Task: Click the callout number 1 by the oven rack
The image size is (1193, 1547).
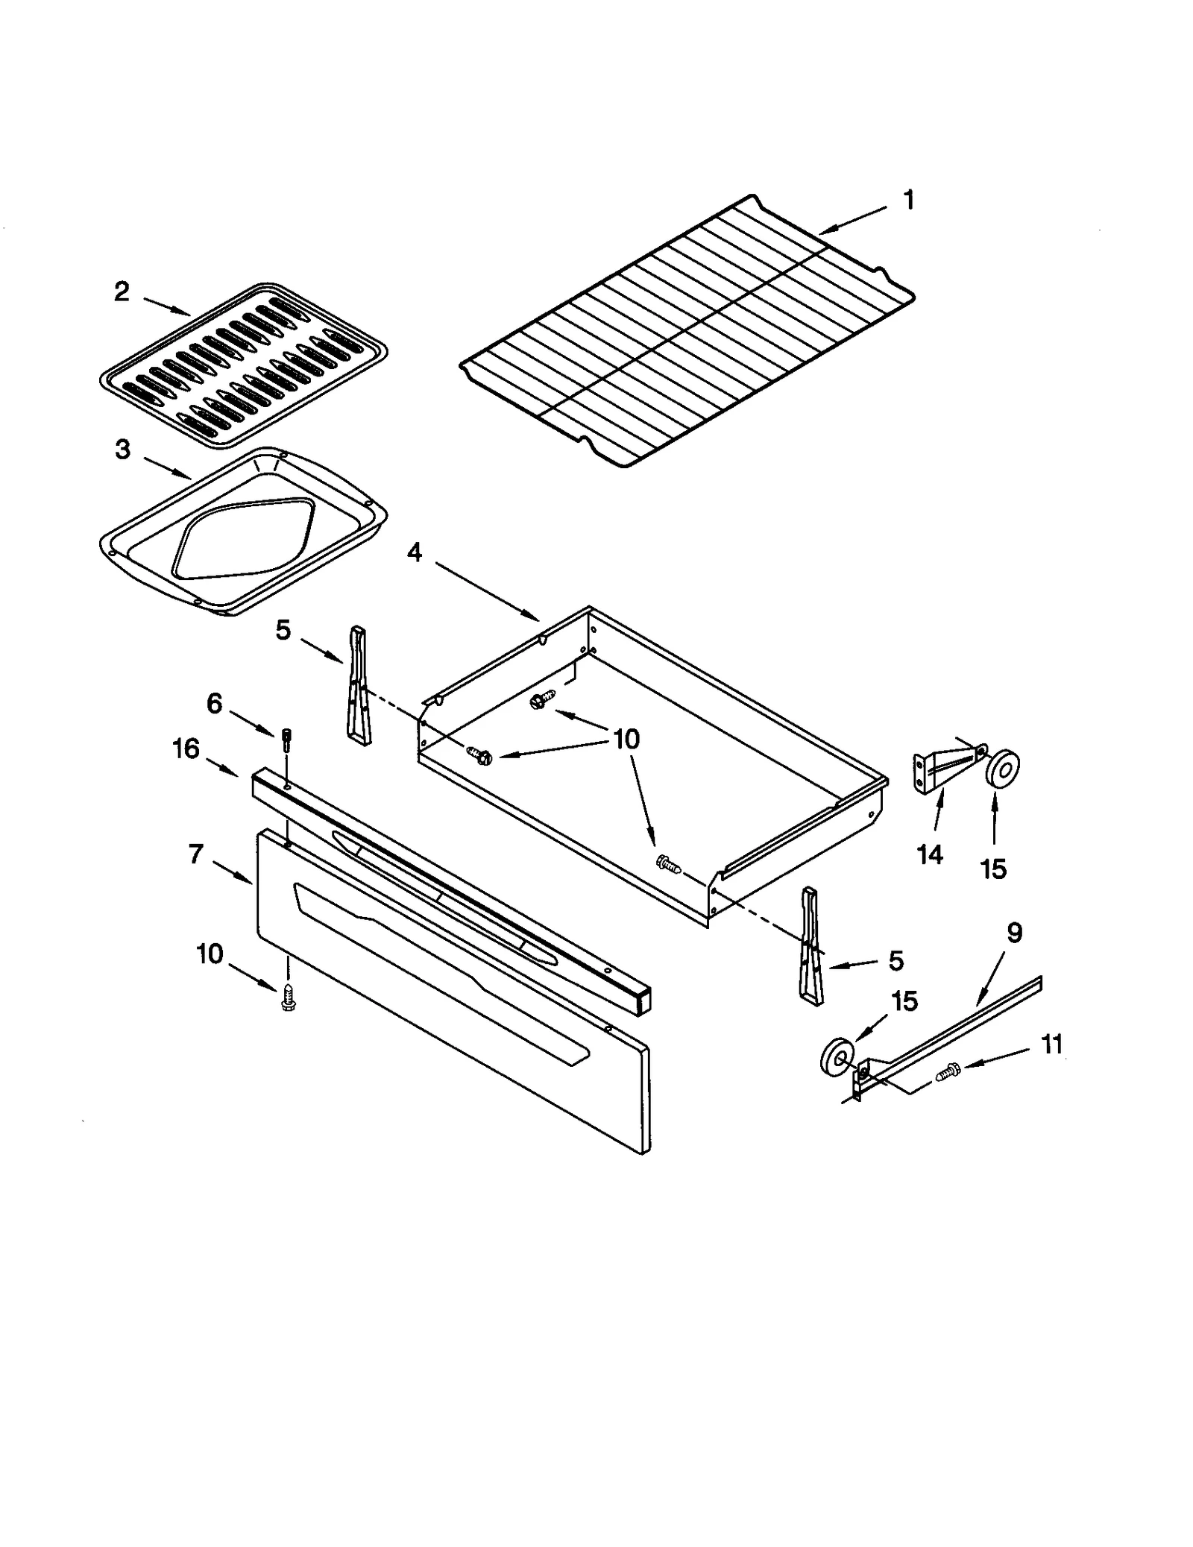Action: (908, 200)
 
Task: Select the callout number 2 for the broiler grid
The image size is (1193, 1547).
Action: (122, 292)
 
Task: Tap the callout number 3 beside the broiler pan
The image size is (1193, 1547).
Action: (123, 450)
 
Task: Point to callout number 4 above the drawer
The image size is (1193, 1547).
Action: (414, 552)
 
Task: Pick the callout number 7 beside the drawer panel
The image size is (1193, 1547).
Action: (195, 854)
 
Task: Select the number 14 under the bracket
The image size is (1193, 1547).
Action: (930, 854)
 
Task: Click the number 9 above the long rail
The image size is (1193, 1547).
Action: (1014, 933)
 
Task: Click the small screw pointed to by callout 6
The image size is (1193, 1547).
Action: (286, 740)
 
